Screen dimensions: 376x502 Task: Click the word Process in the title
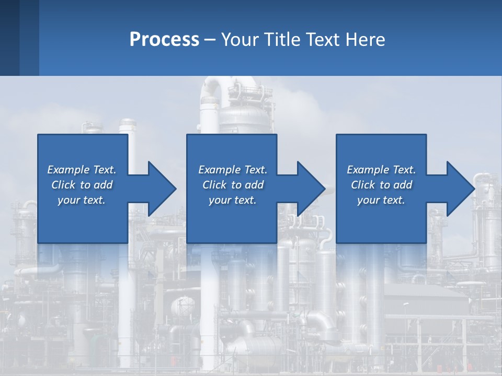[x=164, y=40]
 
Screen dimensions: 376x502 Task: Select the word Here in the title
[x=365, y=40]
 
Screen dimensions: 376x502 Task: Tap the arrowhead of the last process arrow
[x=461, y=189]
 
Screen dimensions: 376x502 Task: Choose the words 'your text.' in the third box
[x=381, y=200]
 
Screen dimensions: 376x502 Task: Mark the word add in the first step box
[x=103, y=185]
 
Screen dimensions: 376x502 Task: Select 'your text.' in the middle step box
[x=232, y=200]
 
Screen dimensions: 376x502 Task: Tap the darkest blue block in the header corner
[x=9, y=38]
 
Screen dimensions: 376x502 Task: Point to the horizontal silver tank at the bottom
[x=256, y=347]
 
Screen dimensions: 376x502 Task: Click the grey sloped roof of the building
[x=424, y=292]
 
